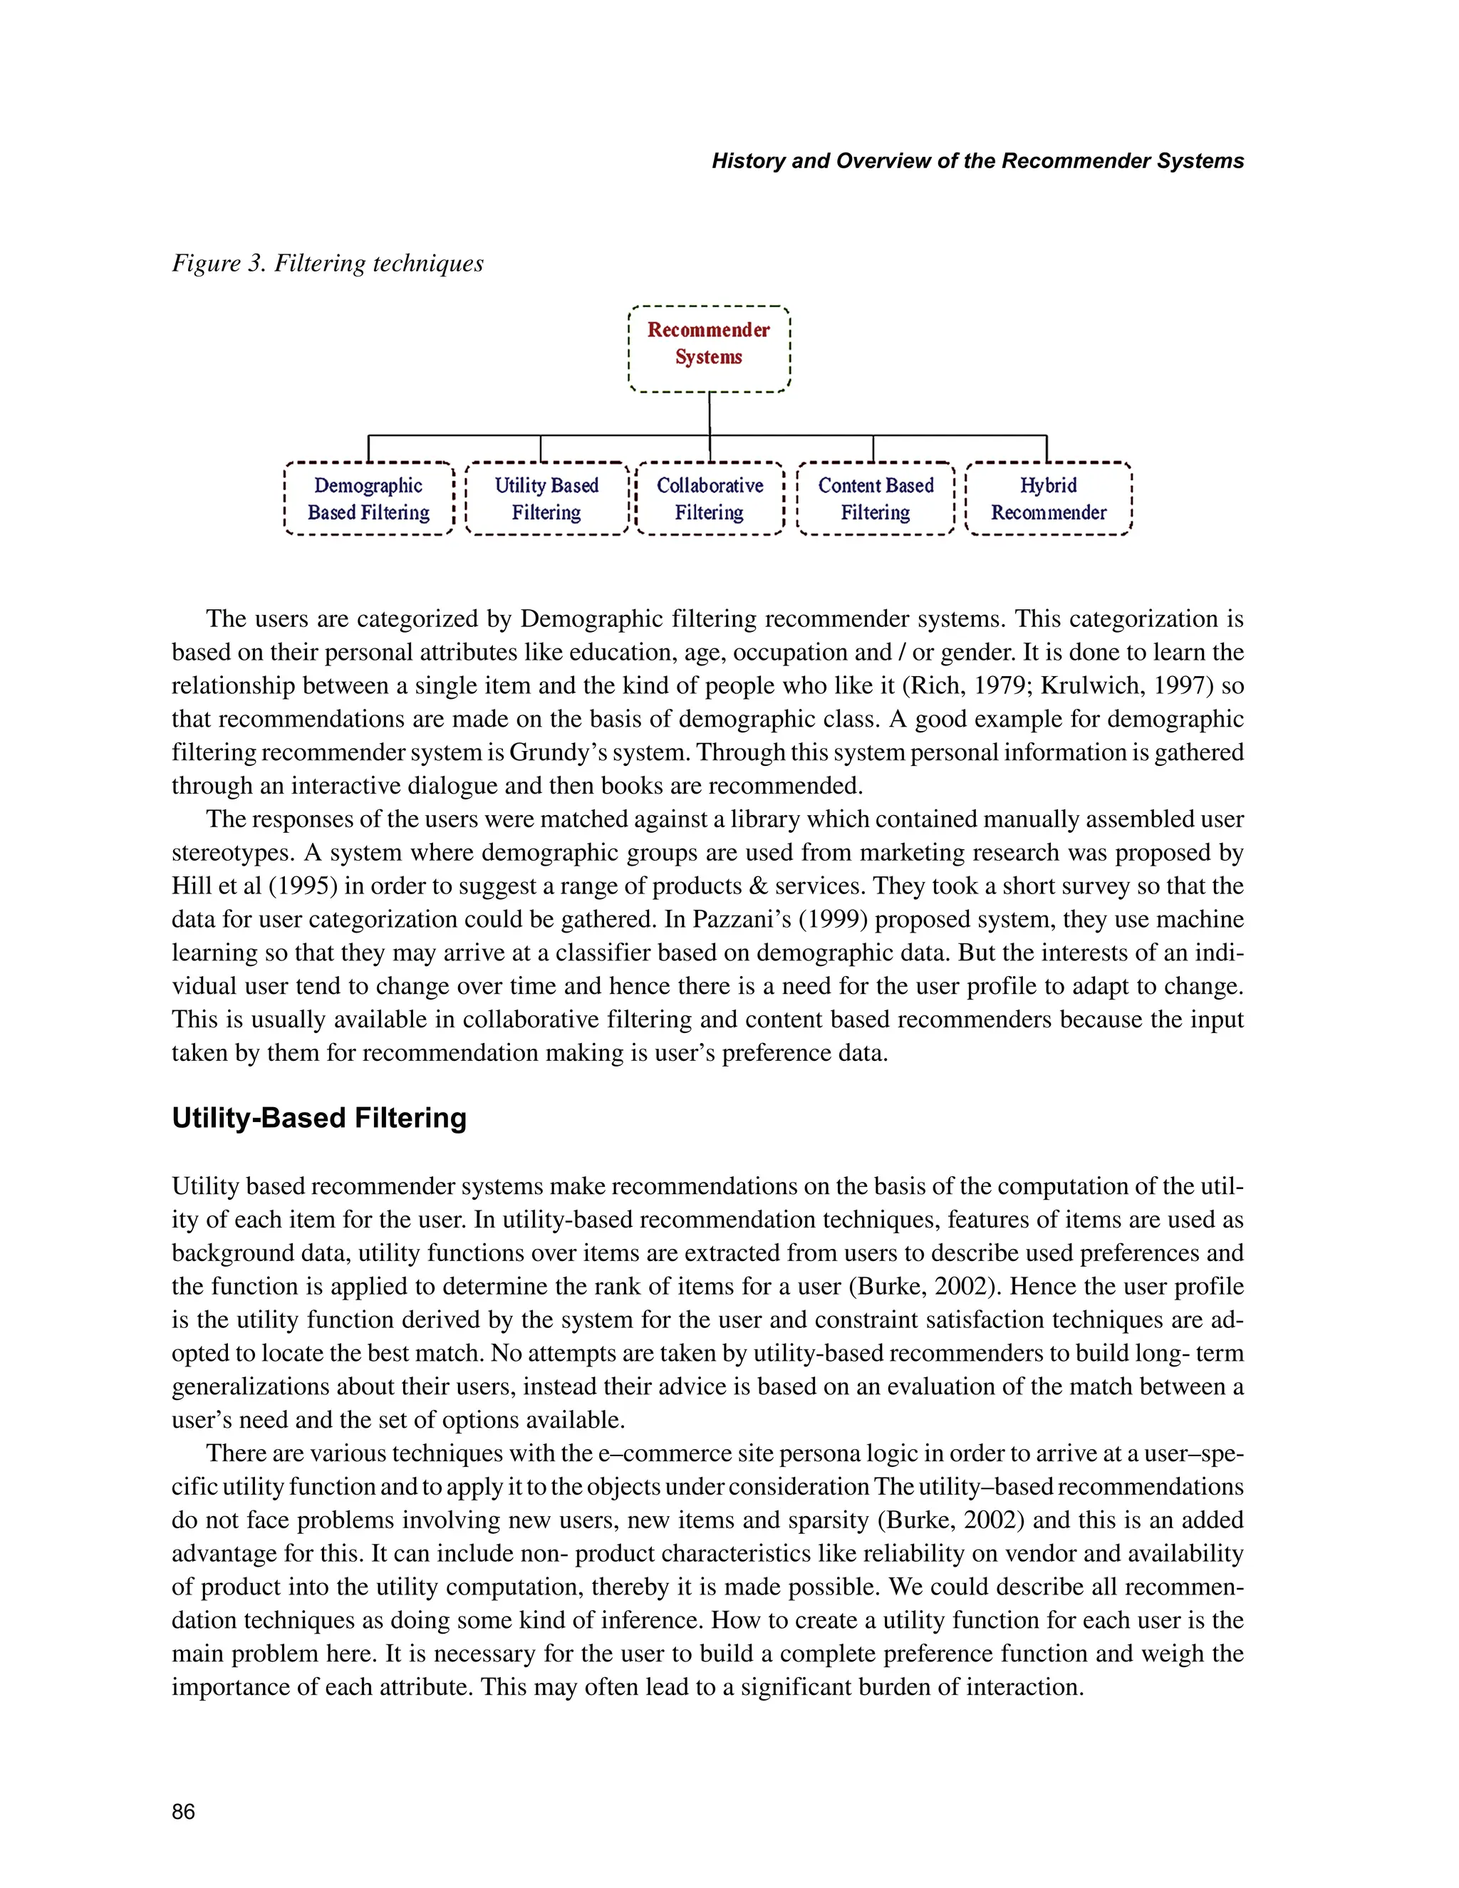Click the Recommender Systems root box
(709, 348)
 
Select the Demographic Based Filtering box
(369, 499)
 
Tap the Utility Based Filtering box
(546, 499)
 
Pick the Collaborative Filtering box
(710, 499)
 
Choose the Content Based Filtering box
(876, 499)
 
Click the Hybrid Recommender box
(1049, 499)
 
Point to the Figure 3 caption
(328, 263)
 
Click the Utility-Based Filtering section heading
(319, 1118)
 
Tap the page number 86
(183, 1812)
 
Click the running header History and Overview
(977, 161)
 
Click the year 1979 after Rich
(1002, 685)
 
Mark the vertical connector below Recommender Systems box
(710, 414)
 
